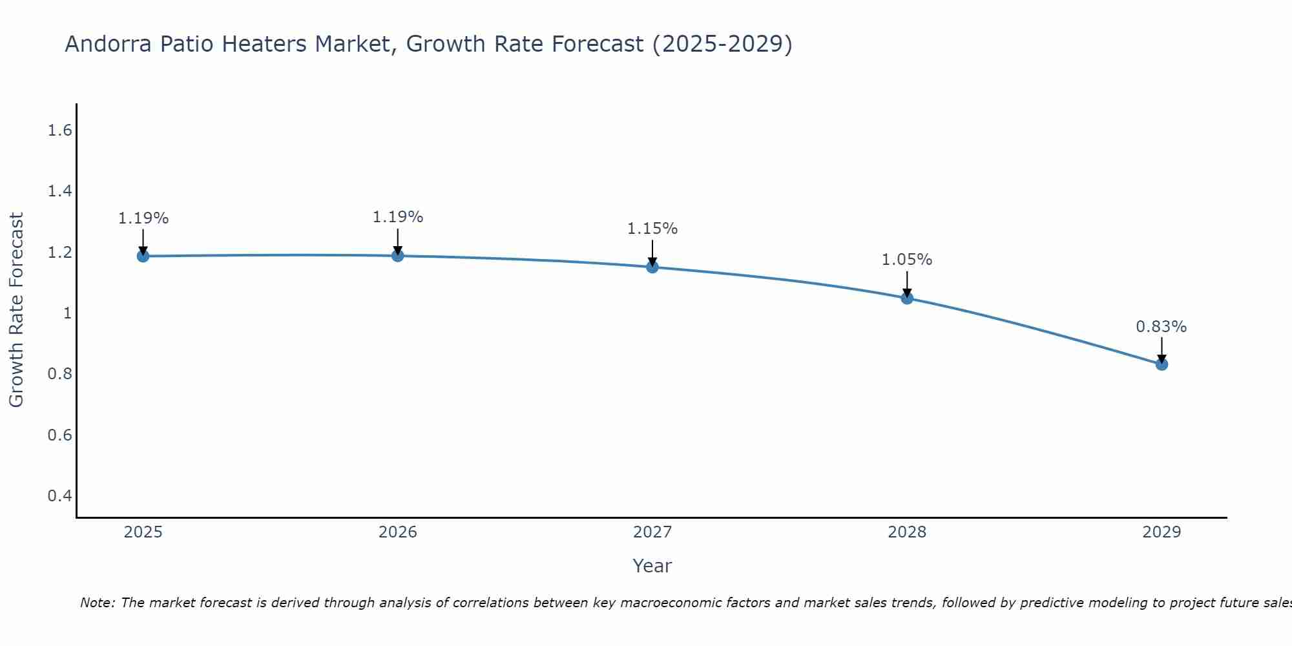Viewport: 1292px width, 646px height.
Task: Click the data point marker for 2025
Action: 143,256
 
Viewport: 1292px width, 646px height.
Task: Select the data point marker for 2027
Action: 652,267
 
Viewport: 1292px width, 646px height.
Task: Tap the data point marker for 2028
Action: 907,298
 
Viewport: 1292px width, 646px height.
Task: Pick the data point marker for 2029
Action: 1162,364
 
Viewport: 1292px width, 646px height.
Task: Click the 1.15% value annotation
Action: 652,229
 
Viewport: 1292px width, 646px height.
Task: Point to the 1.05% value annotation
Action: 907,260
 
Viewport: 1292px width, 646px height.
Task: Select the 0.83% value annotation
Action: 1162,327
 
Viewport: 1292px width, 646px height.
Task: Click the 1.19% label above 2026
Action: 398,217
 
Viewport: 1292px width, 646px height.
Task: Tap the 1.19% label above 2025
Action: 143,218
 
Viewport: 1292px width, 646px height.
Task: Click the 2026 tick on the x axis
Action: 398,532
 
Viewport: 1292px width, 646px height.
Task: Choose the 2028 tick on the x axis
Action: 907,532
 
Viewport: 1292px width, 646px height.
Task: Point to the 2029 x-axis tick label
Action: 1162,532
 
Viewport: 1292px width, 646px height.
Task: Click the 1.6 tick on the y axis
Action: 59,131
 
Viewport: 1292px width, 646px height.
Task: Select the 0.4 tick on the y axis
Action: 59,496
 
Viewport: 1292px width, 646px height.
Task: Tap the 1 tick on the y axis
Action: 67,313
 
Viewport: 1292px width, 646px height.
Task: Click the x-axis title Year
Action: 652,566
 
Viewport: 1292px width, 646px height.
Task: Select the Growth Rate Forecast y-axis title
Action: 16,310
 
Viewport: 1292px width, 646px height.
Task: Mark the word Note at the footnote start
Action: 97,603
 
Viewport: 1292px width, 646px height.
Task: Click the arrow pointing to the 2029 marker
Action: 1162,349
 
